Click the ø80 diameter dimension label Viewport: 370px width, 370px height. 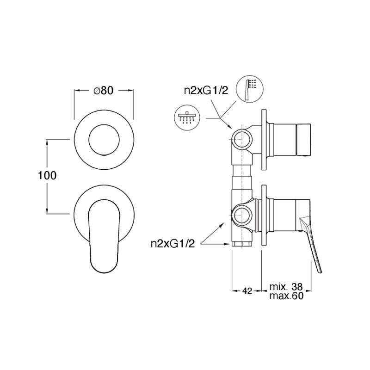[x=103, y=90]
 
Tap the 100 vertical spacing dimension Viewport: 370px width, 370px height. [x=47, y=176]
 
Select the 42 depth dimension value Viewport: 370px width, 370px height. [x=247, y=291]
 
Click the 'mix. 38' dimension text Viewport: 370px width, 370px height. [x=286, y=287]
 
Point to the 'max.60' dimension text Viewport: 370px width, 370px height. [x=286, y=296]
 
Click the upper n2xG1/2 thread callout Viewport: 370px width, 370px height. [x=206, y=90]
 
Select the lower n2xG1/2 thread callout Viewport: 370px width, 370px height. [x=173, y=244]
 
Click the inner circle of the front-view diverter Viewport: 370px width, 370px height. [x=104, y=140]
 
